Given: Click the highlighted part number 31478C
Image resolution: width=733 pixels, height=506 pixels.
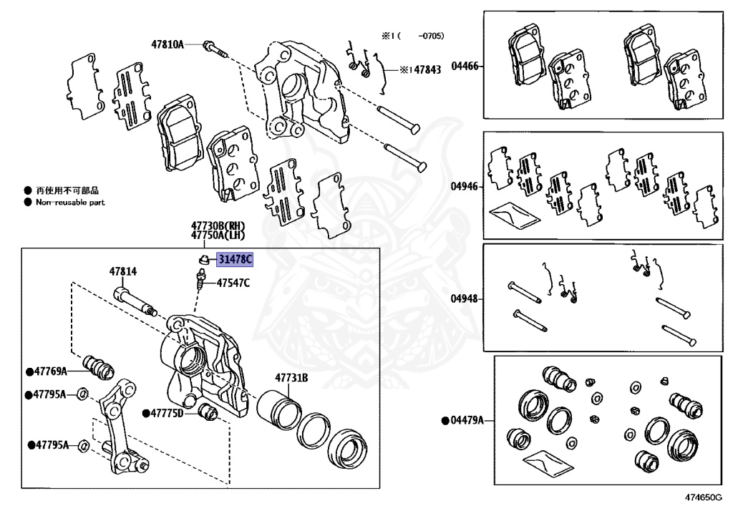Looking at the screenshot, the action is coord(235,259).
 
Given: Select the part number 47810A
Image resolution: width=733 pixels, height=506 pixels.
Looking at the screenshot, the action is coord(168,44).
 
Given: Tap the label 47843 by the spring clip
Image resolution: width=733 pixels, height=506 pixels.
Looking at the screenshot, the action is coord(427,69).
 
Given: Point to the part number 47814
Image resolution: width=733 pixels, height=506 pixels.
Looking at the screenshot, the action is coord(123,271).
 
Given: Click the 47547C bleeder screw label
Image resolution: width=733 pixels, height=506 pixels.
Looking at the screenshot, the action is coord(233,283).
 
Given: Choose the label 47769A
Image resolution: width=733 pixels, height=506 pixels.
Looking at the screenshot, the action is coord(51,371).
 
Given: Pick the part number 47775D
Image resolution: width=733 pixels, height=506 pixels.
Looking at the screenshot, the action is coord(167,413).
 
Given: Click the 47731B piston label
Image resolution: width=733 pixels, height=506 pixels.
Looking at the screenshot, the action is coord(291,377).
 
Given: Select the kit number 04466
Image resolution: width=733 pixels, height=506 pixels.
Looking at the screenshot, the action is coord(465,66).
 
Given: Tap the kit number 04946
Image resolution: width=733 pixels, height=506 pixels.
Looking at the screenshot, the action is coord(465,186).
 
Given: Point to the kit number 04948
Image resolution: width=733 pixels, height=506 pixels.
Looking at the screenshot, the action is coord(465,298).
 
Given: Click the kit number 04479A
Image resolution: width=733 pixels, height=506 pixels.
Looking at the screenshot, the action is coord(467,421).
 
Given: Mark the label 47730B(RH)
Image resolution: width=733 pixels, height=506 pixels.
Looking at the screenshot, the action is coord(218,225).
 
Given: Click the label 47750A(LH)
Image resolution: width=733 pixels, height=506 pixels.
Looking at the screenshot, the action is coord(218,235).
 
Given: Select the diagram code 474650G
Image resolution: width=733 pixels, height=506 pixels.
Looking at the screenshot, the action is coord(704,497).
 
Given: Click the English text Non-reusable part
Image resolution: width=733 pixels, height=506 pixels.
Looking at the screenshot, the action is coord(71,203).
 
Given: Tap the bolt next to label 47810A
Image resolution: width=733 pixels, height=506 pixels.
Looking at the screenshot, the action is coord(215,49).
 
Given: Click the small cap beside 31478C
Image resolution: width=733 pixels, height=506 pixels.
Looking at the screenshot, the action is coord(203,259).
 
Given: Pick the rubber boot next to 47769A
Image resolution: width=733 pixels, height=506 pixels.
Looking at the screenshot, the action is coord(98,367).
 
